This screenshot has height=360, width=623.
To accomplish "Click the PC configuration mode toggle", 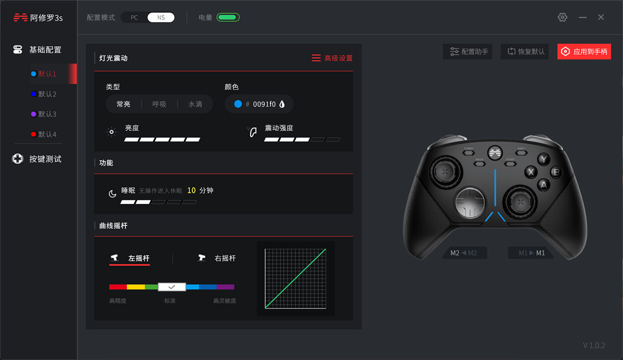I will click(x=134, y=18).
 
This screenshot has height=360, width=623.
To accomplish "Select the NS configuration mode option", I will click(x=161, y=18).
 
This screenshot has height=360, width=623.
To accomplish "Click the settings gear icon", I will click(x=563, y=18).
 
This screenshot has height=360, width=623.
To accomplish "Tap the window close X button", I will click(x=601, y=18).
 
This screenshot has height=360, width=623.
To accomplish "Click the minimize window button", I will click(x=583, y=18).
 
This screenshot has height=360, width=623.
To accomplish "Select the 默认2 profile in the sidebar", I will click(x=47, y=94).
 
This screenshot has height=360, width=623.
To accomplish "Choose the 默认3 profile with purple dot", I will click(x=47, y=114).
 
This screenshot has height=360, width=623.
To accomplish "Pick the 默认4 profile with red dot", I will click(x=47, y=134).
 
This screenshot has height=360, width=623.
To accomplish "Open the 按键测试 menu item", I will click(x=45, y=159).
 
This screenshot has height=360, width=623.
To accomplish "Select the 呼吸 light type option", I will click(x=159, y=104).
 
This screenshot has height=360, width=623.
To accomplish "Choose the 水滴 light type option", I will click(x=195, y=104).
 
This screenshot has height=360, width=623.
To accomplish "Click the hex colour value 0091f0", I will click(x=264, y=104).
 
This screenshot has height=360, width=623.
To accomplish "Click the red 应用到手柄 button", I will click(x=584, y=52).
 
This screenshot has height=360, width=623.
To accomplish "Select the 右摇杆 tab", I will click(x=224, y=258).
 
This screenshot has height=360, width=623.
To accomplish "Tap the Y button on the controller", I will click(x=544, y=159).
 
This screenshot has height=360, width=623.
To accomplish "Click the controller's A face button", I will click(x=544, y=184).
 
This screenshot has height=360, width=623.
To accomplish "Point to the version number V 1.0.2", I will click(x=594, y=345).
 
